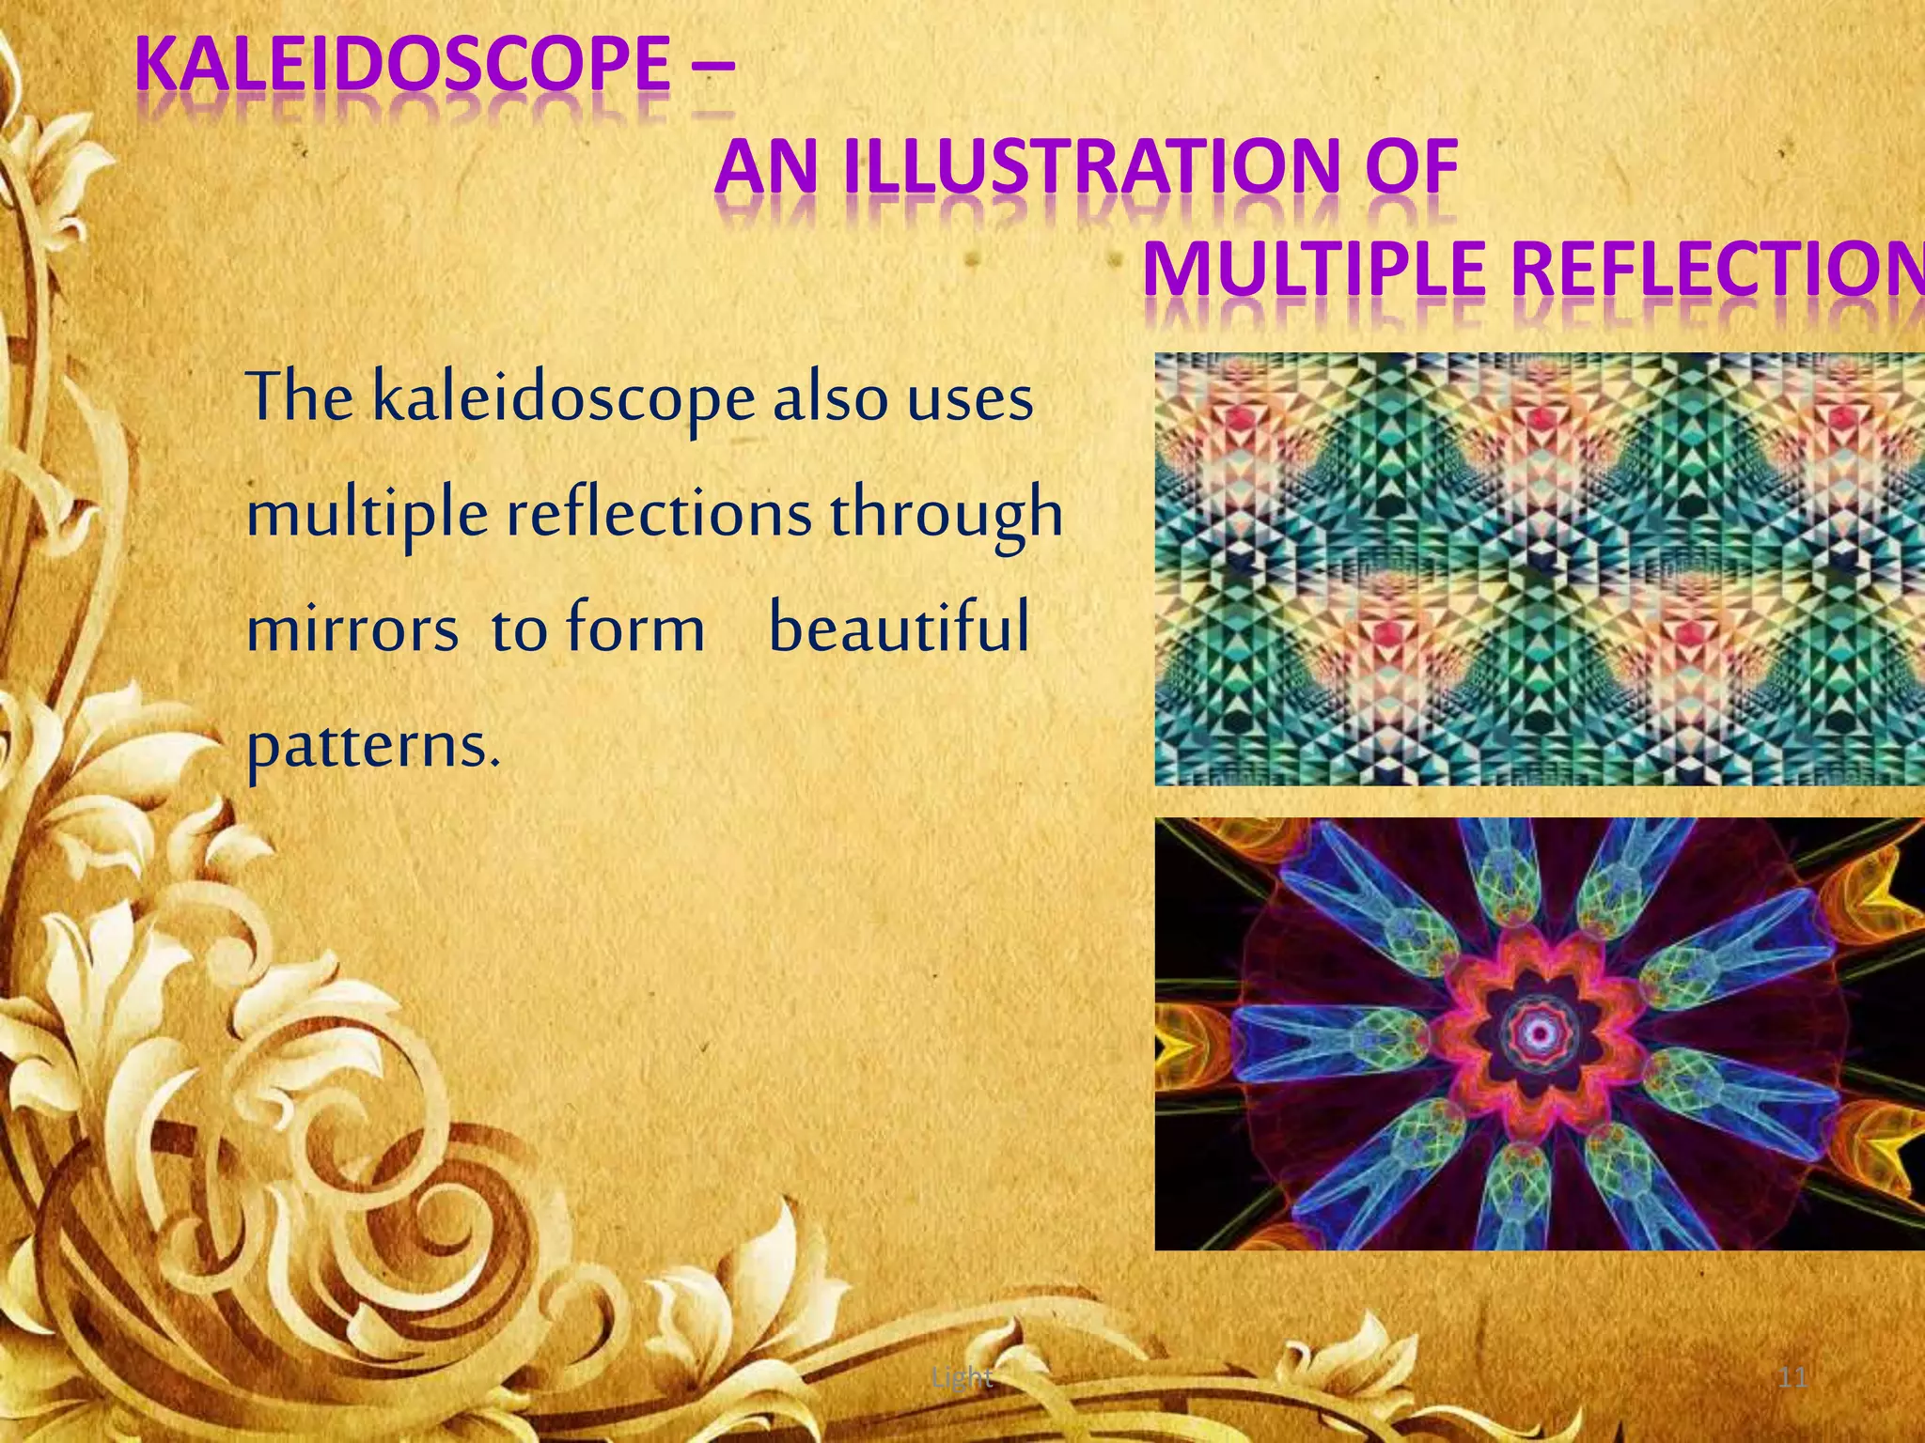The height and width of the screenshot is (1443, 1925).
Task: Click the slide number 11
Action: (x=1793, y=1377)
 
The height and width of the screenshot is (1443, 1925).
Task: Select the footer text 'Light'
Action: (x=962, y=1377)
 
